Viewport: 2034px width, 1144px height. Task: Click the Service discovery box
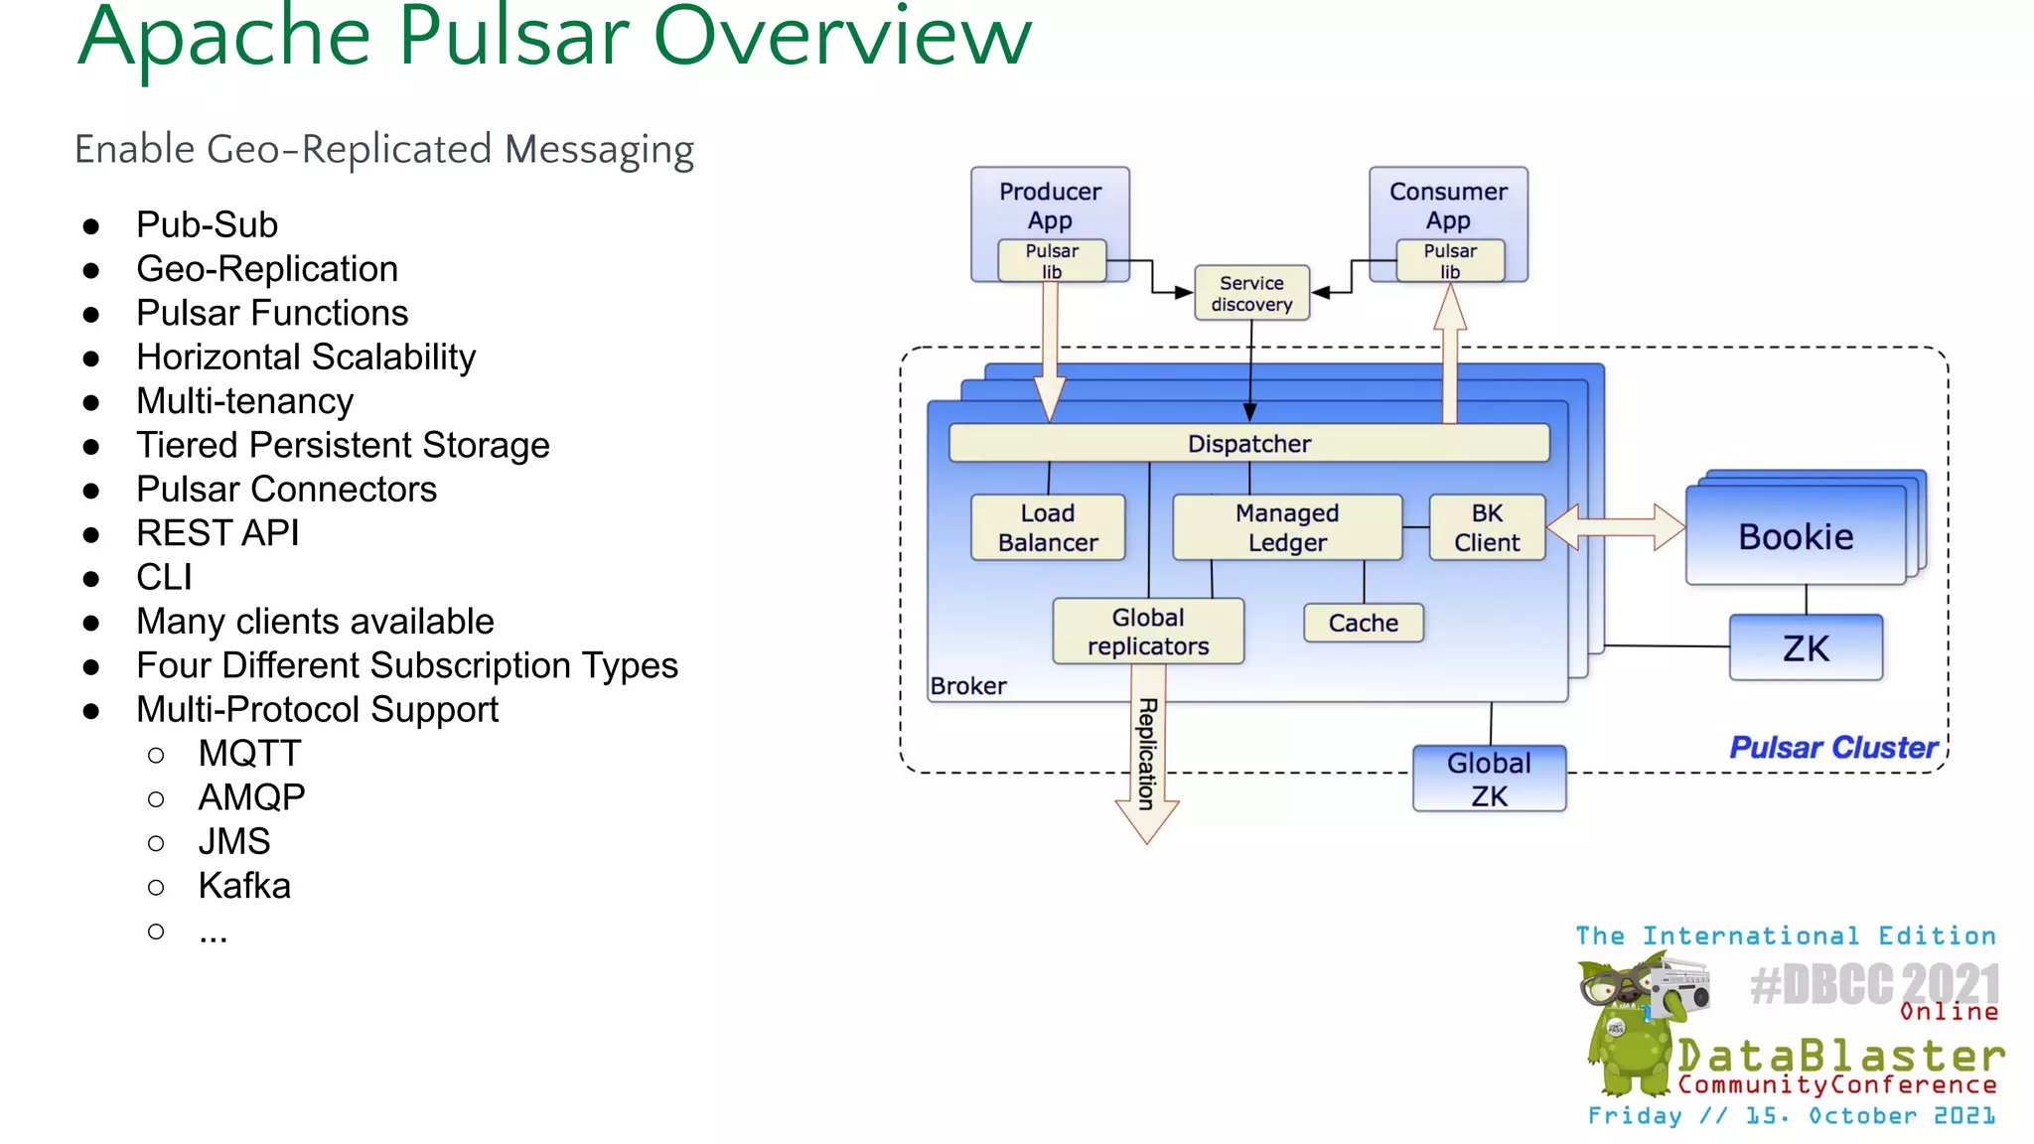(x=1251, y=293)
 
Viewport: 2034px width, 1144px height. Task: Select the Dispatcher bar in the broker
(x=1248, y=443)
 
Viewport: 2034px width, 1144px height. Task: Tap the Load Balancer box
(x=1048, y=527)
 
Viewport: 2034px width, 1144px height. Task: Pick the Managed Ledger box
(x=1286, y=527)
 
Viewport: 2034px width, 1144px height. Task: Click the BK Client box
(x=1487, y=527)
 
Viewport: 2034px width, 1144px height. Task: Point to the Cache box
(x=1363, y=623)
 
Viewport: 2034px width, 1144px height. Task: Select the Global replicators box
(x=1147, y=632)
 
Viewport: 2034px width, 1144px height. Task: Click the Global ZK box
(x=1489, y=779)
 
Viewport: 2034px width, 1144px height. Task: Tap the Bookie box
(x=1795, y=536)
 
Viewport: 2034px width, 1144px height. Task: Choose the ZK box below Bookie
(x=1805, y=647)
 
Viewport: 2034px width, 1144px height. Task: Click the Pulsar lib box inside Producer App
(x=1052, y=261)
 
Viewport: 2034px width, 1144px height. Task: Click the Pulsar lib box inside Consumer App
(x=1450, y=261)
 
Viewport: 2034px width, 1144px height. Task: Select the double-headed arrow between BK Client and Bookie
(x=1616, y=526)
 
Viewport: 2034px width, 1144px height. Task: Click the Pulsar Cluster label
(x=1832, y=747)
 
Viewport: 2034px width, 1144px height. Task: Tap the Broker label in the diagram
(x=968, y=686)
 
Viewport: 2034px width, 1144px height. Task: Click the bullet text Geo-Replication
(x=267, y=269)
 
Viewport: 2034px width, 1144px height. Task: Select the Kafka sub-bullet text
(x=244, y=886)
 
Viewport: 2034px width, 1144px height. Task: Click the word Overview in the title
(x=842, y=38)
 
